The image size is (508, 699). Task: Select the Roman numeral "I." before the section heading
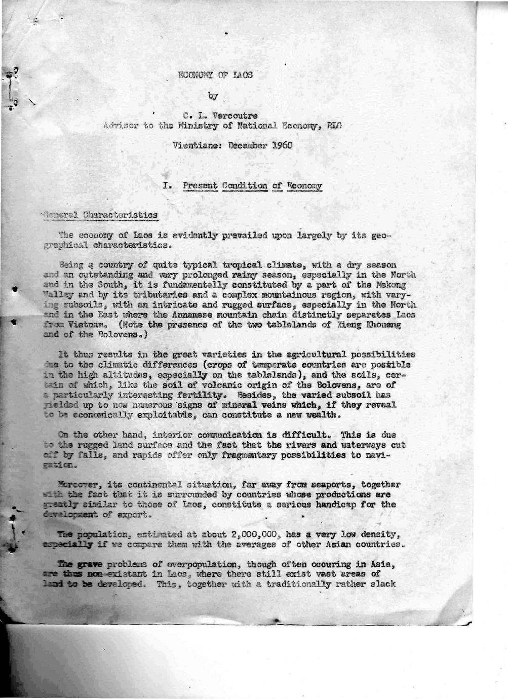[x=167, y=185]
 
